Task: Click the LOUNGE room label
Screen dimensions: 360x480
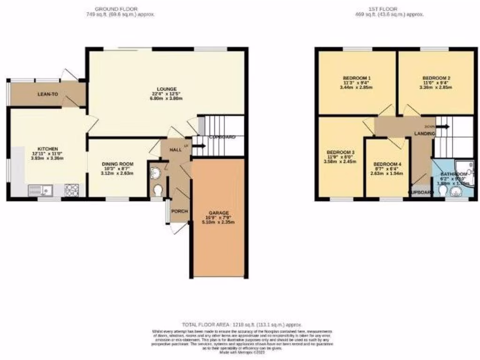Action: click(167, 89)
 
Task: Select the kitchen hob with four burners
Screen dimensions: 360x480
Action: click(72, 190)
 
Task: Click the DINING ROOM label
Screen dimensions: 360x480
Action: click(118, 164)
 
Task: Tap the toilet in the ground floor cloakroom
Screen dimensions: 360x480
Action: click(158, 191)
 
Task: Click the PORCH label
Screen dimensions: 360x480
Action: click(179, 211)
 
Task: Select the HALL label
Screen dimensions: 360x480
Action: click(175, 149)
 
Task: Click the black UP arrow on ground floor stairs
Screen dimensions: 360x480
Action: click(199, 146)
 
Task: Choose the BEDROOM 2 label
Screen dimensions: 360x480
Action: click(436, 78)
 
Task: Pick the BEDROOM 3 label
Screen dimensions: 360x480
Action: click(341, 153)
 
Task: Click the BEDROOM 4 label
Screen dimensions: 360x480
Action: click(387, 164)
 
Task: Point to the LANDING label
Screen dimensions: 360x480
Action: click(424, 134)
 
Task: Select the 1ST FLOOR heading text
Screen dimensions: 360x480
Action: click(390, 9)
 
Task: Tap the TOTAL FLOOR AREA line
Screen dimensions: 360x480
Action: click(242, 324)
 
